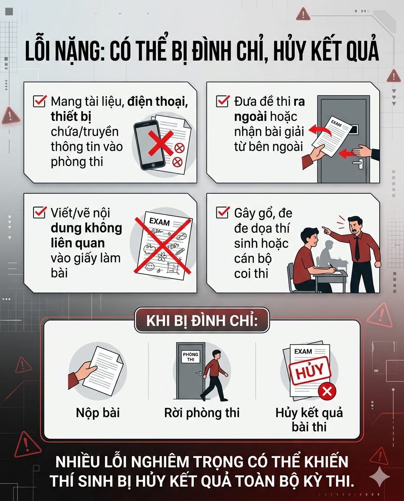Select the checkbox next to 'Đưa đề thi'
point(223,101)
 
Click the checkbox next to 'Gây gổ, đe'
point(223,213)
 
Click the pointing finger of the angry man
point(325,229)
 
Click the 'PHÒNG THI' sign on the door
point(191,357)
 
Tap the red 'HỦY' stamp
point(310,372)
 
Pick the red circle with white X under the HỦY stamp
point(327,391)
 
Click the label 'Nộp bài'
point(98,413)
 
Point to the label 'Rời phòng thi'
point(202,413)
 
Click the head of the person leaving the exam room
point(216,355)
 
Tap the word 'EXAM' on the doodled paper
point(159,221)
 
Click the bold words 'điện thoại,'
point(158,102)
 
